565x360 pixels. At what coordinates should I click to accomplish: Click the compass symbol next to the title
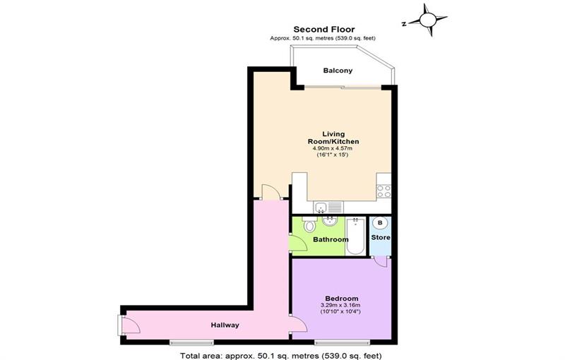point(429,19)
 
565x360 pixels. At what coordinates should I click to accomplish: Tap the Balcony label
point(338,71)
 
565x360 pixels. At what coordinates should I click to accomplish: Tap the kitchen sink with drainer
point(324,207)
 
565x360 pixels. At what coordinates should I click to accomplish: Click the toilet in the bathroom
point(309,226)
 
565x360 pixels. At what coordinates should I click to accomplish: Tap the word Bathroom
point(331,240)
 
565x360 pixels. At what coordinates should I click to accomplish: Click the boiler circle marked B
point(380,223)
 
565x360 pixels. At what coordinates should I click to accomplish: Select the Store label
point(381,238)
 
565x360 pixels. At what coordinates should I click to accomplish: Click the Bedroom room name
point(341,298)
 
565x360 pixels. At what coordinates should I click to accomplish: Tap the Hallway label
point(225,325)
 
